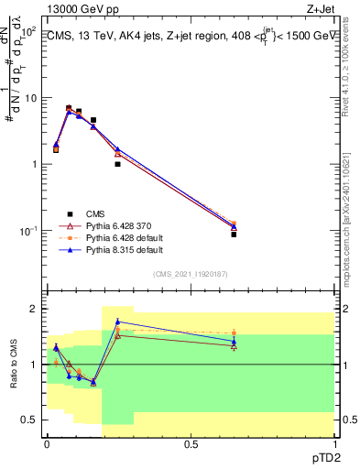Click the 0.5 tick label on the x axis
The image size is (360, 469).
[191, 443]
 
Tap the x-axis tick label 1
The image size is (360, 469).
[334, 443]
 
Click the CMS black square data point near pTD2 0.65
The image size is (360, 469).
[234, 234]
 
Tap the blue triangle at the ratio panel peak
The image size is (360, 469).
[117, 322]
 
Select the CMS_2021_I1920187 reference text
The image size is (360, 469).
[191, 275]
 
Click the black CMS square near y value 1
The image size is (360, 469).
[117, 164]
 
